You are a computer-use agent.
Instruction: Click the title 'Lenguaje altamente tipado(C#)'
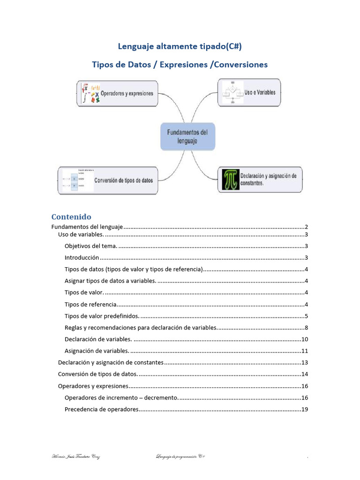tap(180, 46)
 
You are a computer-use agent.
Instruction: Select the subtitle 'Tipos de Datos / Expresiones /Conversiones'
tap(180, 65)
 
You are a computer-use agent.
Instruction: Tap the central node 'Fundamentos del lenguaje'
tap(187, 136)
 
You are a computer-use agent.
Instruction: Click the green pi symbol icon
tap(230, 179)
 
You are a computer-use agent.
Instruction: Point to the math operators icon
tap(90, 93)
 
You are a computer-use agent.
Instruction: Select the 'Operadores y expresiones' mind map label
tap(127, 93)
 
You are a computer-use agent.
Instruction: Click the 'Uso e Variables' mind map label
tap(260, 92)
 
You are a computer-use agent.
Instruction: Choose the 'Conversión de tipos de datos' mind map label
tap(124, 180)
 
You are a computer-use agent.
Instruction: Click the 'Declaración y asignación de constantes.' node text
tap(268, 180)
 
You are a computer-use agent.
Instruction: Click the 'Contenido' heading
tap(71, 217)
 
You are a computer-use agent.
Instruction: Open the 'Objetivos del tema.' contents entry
tap(91, 246)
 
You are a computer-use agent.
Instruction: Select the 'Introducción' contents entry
tap(82, 258)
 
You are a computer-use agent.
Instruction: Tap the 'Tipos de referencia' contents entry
tap(90, 304)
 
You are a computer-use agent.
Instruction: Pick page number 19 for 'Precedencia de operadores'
tap(304, 409)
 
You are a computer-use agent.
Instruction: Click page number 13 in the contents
tap(304, 362)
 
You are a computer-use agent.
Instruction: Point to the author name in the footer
tap(75, 457)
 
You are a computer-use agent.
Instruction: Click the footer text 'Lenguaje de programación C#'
tap(180, 457)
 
